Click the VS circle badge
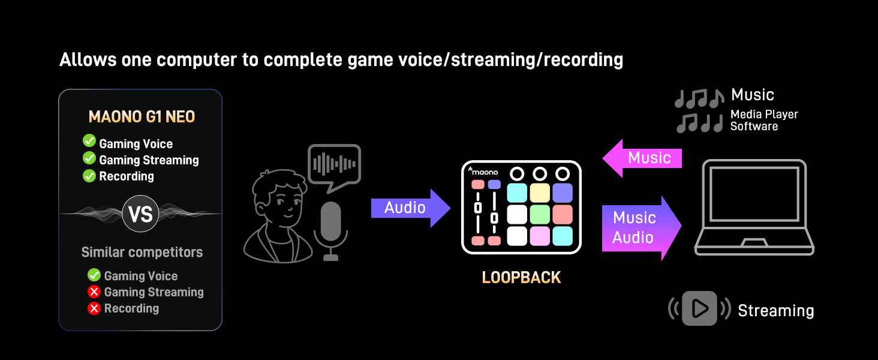140,214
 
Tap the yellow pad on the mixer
540,193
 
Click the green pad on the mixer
540,214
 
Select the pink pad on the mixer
540,236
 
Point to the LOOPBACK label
521,278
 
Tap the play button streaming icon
699,308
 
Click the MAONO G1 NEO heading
142,116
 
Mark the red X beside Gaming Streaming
94,292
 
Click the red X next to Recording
94,308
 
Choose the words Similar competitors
142,253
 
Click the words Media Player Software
764,120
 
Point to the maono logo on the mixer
483,171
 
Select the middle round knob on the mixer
540,173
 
